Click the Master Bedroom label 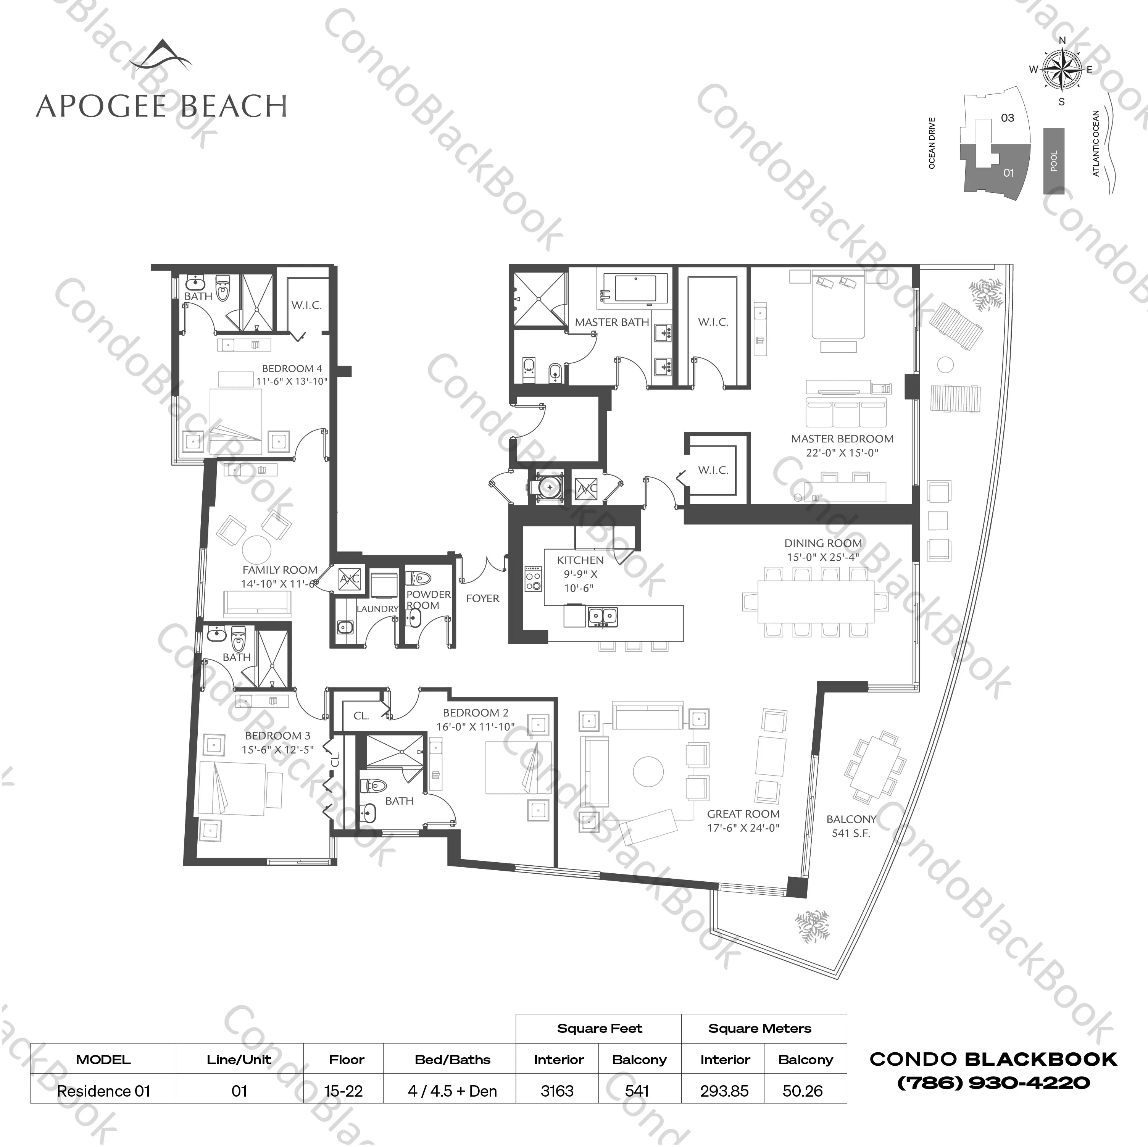pyautogui.click(x=842, y=439)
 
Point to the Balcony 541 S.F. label pyautogui.click(x=851, y=826)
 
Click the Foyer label pyautogui.click(x=482, y=599)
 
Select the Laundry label pyautogui.click(x=377, y=608)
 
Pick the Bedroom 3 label pyautogui.click(x=277, y=736)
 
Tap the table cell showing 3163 pyautogui.click(x=557, y=1091)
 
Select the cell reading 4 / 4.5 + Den pyautogui.click(x=452, y=1091)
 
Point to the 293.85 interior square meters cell pyautogui.click(x=724, y=1091)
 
